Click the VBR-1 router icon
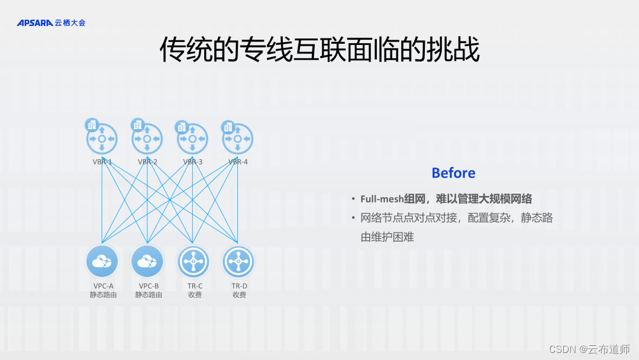point(102,139)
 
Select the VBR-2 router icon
point(147,139)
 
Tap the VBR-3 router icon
point(193,139)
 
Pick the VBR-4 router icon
point(238,139)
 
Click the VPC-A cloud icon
point(102,261)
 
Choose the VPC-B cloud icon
point(147,261)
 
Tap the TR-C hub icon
point(193,261)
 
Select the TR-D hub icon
point(238,261)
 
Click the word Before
point(453,173)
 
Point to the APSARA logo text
point(35,23)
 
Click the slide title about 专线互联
point(319,51)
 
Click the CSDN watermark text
point(589,349)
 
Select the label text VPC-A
point(103,286)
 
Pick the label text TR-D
point(238,286)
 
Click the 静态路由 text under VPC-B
point(149,294)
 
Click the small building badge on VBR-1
point(92,124)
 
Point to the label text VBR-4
point(238,162)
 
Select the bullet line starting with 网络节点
point(457,218)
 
